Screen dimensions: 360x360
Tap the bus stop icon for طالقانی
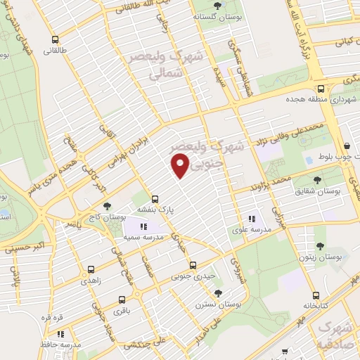tap(55, 39)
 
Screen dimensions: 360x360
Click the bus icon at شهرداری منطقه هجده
tap(321, 89)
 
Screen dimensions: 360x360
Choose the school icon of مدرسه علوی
tap(252, 219)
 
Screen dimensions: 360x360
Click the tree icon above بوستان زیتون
tap(320, 246)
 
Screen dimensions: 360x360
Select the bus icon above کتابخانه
tap(314, 295)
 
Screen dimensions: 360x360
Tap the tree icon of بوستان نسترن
tap(219, 292)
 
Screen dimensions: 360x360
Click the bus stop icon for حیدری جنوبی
tap(193, 265)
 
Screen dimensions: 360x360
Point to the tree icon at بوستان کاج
tap(107, 206)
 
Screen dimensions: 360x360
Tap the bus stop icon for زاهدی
tap(91, 269)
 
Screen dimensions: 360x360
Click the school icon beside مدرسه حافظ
tap(61, 334)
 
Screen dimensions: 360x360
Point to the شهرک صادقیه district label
tap(337, 336)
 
